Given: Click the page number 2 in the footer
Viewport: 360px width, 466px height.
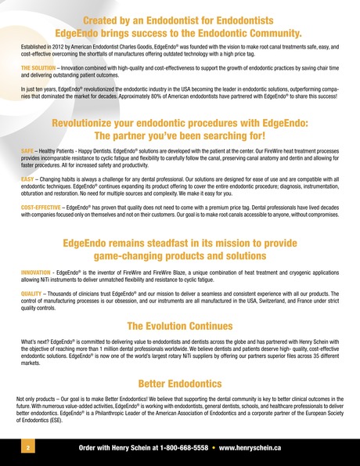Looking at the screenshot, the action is (x=27, y=449).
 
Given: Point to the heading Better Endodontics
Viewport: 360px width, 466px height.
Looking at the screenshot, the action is (x=180, y=384).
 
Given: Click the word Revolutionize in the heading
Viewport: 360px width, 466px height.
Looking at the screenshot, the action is (x=88, y=123).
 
